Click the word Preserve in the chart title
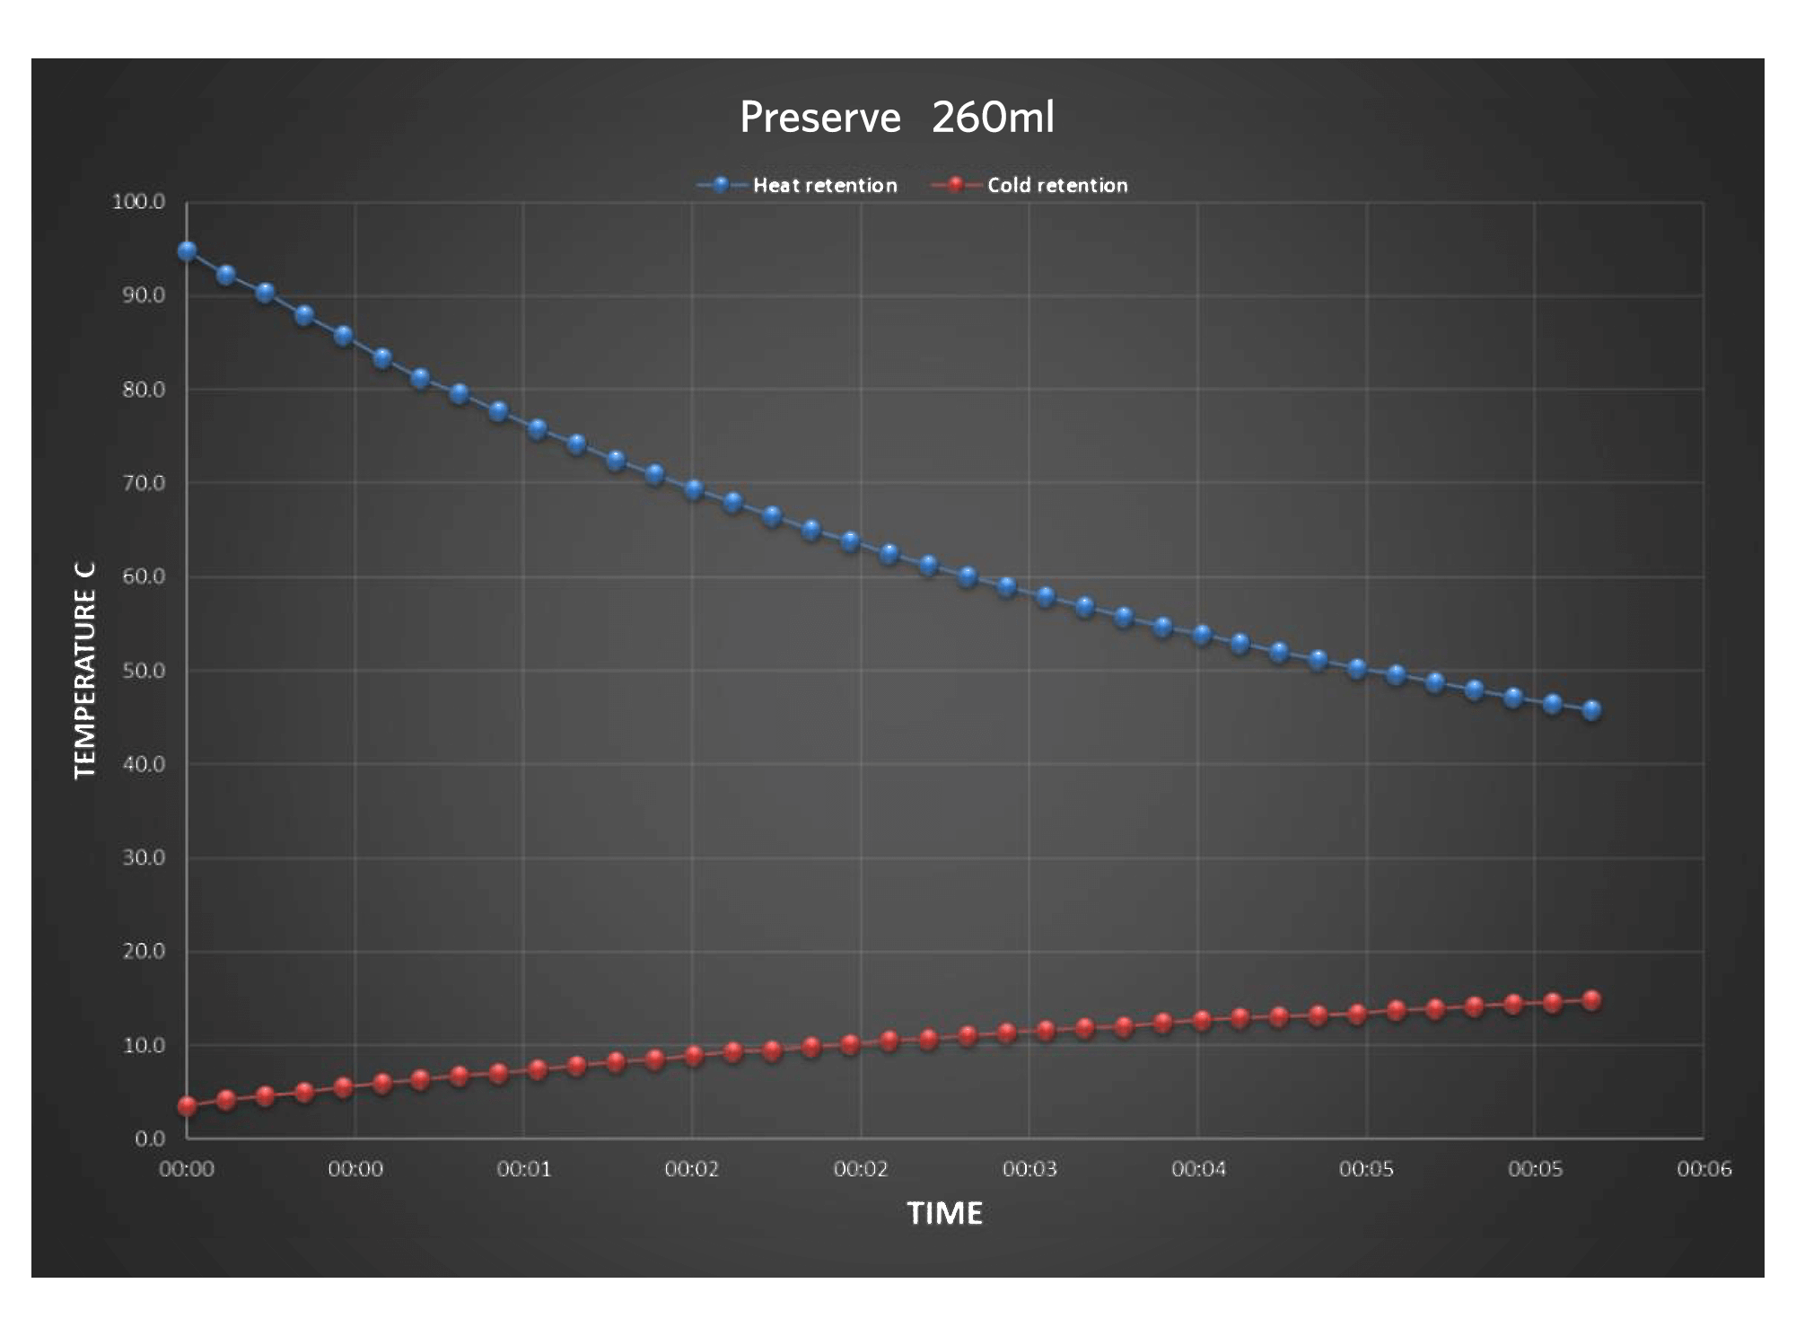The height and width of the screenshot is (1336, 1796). click(819, 118)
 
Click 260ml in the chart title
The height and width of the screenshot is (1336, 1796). click(993, 118)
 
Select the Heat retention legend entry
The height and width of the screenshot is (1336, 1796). click(824, 186)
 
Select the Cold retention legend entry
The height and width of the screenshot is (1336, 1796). click(1056, 186)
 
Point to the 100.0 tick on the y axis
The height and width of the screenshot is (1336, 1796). click(139, 202)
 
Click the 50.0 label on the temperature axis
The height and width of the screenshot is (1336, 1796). click(144, 671)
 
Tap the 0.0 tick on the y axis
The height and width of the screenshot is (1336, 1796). click(150, 1138)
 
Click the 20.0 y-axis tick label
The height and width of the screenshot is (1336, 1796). click(144, 952)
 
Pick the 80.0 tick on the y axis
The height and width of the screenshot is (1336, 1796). click(144, 390)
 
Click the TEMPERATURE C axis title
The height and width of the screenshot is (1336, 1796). click(84, 672)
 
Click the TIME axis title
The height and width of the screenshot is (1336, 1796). click(944, 1214)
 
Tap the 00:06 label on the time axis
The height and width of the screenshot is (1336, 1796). click(1703, 1169)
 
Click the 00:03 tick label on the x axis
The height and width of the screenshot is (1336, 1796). click(1029, 1169)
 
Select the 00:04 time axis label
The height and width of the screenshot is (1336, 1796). click(1197, 1169)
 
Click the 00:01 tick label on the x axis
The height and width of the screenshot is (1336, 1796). click(523, 1169)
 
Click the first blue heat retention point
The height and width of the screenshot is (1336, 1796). click(187, 250)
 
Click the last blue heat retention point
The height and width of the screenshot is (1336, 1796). click(1591, 710)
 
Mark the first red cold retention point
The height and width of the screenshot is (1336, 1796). click(187, 1106)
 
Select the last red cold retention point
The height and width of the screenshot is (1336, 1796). click(1591, 1000)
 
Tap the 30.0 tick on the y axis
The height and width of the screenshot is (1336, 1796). click(144, 857)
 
